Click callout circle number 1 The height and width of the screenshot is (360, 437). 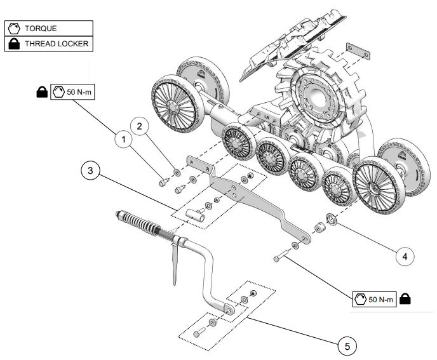point(124,139)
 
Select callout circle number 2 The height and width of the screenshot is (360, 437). point(140,126)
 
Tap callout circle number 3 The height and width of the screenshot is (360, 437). point(90,171)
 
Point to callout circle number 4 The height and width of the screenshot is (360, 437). point(405,256)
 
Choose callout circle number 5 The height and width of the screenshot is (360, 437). point(347,346)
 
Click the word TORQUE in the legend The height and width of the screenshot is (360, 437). point(41,29)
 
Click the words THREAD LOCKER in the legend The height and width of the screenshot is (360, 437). point(57,44)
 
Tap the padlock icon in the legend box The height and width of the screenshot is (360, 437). point(14,44)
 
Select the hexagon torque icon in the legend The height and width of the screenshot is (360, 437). point(14,29)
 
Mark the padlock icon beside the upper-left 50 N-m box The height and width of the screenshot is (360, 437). point(42,92)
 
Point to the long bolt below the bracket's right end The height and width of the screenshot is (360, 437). point(281,256)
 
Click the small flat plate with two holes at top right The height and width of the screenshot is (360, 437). point(358,51)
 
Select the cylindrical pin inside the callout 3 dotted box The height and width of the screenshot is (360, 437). point(194,215)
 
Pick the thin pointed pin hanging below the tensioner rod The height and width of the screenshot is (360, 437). point(175,263)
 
